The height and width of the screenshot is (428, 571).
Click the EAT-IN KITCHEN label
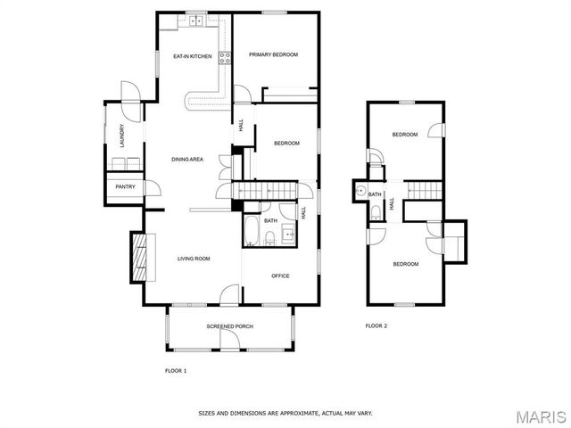coord(192,57)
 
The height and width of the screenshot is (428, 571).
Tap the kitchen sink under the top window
coord(195,20)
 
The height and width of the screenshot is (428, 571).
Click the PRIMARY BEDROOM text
coord(273,54)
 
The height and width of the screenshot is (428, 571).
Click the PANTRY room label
coord(124,187)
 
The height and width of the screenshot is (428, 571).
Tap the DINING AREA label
coord(188,159)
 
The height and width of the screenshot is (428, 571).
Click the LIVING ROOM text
coord(194,259)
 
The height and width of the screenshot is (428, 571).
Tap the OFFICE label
coord(280,276)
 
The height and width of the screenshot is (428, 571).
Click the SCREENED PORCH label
coord(229,326)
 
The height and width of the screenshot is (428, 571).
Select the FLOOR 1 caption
coord(176,369)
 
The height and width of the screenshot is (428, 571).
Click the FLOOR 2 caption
coord(377,326)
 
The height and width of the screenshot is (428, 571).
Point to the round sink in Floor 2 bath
coord(360,190)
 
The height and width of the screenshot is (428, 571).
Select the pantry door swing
coord(152,188)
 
